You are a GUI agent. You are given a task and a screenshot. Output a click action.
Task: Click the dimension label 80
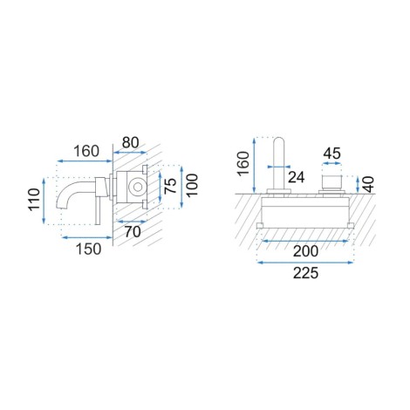click(131, 142)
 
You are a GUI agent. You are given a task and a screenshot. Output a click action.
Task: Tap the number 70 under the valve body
click(133, 232)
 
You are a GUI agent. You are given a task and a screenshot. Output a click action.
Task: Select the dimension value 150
click(89, 249)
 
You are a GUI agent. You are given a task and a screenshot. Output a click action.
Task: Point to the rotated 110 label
click(34, 200)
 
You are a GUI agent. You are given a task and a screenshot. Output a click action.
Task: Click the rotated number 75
click(170, 186)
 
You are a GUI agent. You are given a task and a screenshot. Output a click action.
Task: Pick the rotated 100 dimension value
click(192, 186)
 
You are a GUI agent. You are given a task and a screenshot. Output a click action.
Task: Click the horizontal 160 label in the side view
click(86, 151)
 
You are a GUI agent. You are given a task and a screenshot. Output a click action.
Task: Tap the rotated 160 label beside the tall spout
click(243, 163)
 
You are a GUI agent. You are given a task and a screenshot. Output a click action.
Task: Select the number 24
click(297, 177)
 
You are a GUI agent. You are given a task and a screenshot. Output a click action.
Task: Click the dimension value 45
click(332, 154)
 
